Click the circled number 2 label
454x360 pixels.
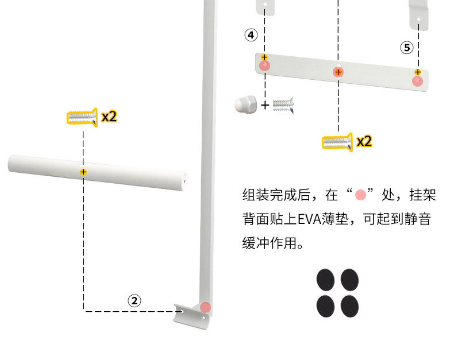(134, 300)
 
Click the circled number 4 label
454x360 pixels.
(251, 35)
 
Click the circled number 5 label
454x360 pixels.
(407, 48)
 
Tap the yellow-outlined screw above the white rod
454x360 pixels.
(82, 118)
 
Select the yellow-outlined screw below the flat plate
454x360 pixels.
(337, 141)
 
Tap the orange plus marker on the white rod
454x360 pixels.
(83, 172)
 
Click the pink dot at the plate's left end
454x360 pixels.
(264, 65)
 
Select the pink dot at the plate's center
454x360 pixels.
(338, 72)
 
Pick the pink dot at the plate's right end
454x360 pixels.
(418, 81)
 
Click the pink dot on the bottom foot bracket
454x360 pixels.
(206, 307)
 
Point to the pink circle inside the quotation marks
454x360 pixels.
(361, 195)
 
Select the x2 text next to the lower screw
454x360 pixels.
(364, 141)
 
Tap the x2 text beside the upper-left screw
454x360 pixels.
(109, 117)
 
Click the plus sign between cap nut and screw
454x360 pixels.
(265, 105)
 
